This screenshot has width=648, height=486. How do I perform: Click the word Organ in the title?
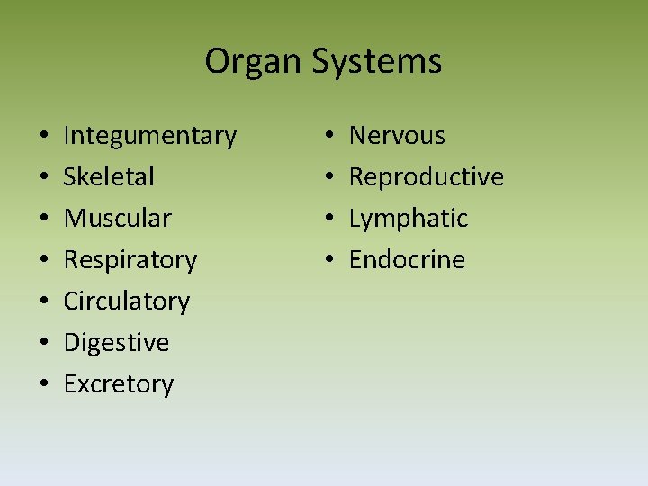pos(254,62)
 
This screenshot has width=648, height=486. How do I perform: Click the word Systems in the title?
pos(377,62)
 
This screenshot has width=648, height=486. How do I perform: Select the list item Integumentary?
pos(149,136)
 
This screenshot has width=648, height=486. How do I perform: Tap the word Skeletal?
pos(109,176)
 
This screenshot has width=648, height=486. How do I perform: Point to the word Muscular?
pos(117,218)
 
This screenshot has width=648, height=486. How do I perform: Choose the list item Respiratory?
pos(130,260)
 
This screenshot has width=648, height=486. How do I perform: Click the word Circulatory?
pos(126,301)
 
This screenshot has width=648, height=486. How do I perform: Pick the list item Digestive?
pos(116,343)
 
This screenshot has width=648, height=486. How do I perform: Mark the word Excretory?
pos(118,384)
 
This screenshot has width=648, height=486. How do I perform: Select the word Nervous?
pos(397,136)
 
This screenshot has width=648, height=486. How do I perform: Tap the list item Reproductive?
pos(426,177)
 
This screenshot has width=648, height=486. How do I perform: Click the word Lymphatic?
pos(409,219)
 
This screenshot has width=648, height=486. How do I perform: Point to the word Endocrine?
pos(407,260)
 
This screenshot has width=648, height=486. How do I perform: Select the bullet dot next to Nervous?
pos(330,137)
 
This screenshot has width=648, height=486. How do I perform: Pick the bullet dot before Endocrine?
pos(330,261)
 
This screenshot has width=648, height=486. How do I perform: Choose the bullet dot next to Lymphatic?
pos(330,220)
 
